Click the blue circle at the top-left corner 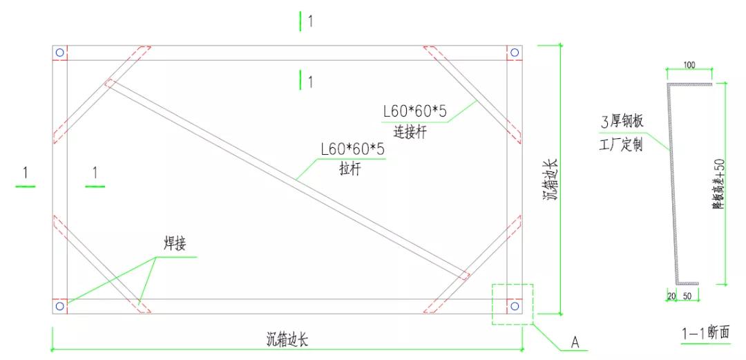[60, 53]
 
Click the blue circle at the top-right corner [513, 53]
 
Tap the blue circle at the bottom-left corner [60, 305]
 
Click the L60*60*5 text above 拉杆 [352, 149]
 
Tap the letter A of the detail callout [574, 341]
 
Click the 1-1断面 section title [705, 334]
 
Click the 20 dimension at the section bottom [671, 296]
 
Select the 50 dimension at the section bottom [688, 296]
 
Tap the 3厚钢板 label [622, 122]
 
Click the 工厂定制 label [622, 145]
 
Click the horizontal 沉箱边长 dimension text [287, 339]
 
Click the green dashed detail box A [513, 304]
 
